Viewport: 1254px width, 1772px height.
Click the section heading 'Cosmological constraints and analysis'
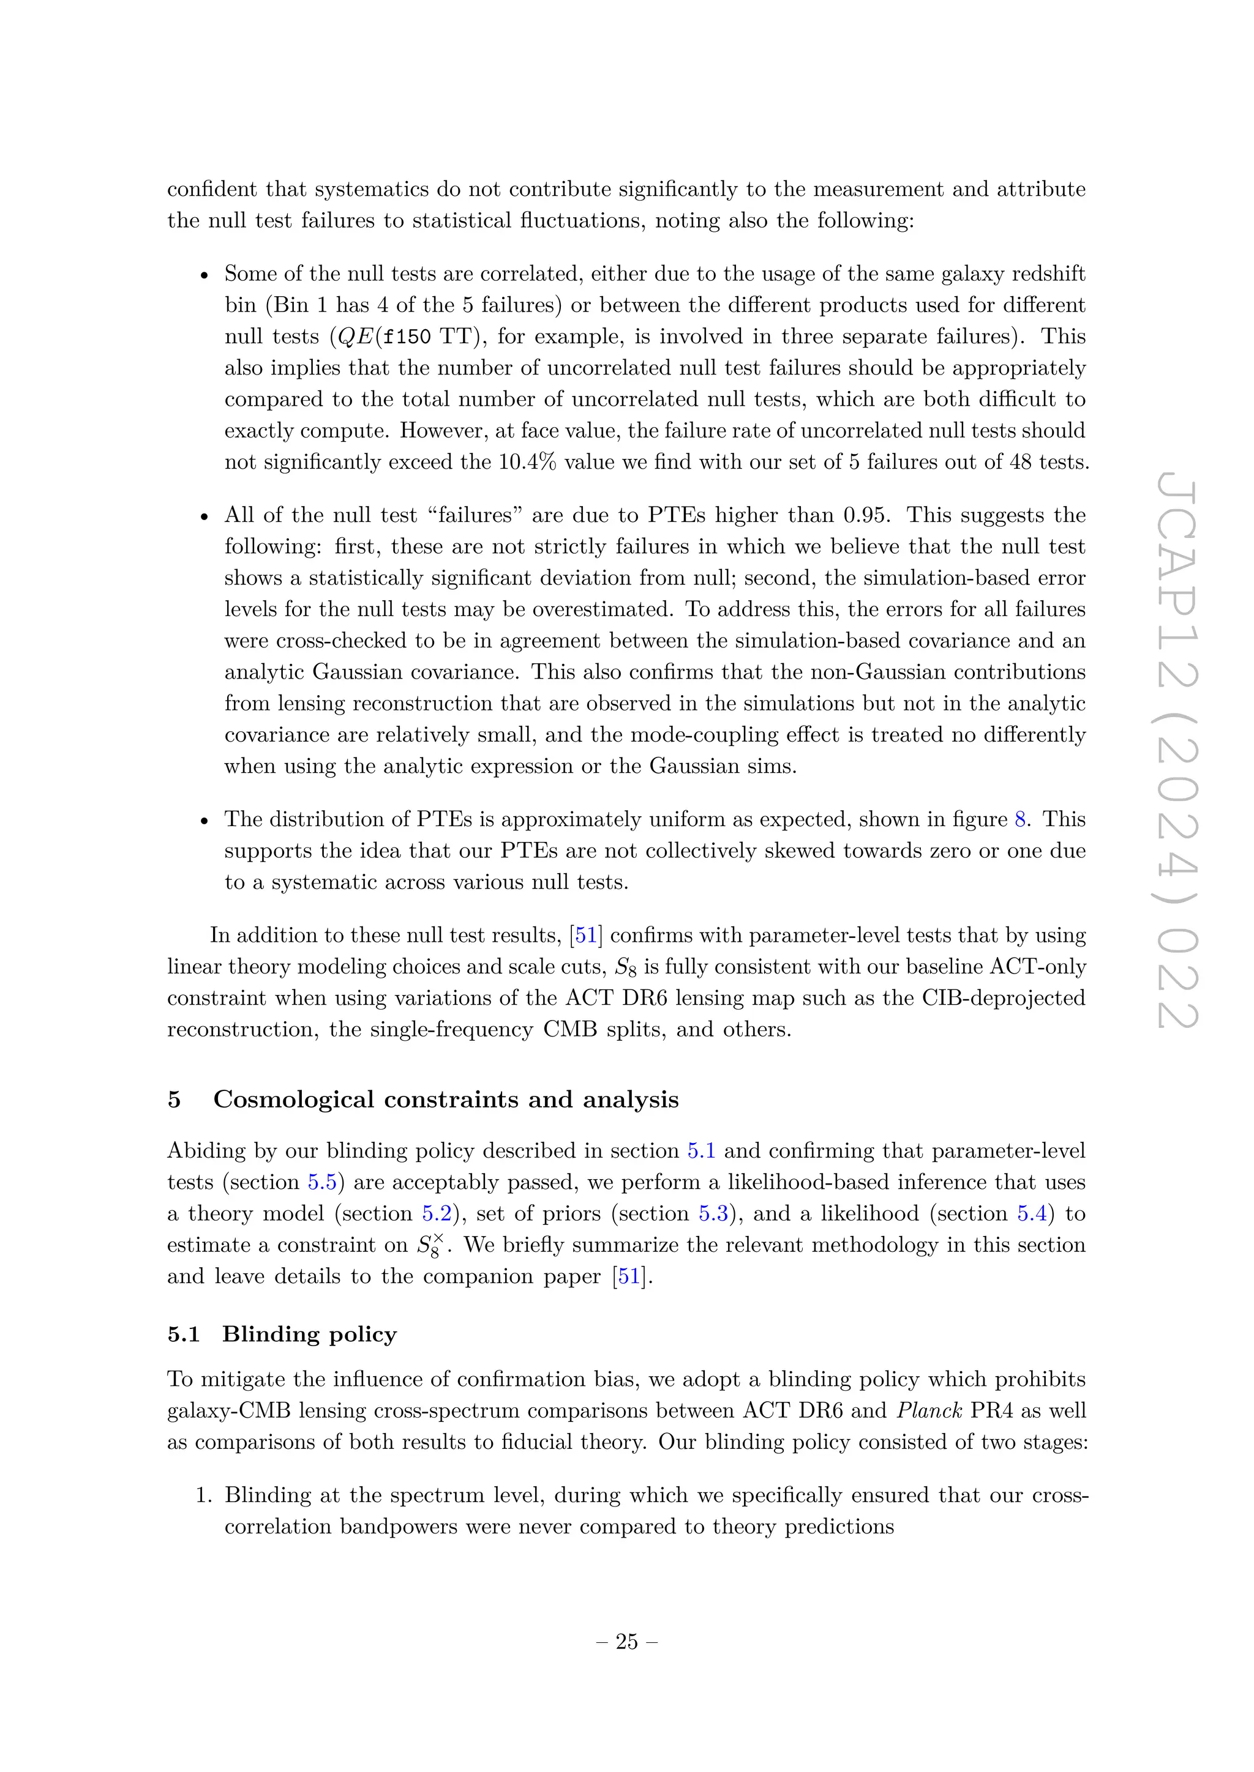446,1099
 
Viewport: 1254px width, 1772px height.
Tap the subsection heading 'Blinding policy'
309,1334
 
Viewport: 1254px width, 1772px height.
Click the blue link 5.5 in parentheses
322,1182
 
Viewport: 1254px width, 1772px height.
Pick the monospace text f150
407,337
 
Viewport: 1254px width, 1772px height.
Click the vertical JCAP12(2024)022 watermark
1177,753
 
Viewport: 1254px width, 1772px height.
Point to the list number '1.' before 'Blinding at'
203,1495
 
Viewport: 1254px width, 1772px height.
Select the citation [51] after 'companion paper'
630,1276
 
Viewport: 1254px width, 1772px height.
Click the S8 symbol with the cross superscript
430,1245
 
